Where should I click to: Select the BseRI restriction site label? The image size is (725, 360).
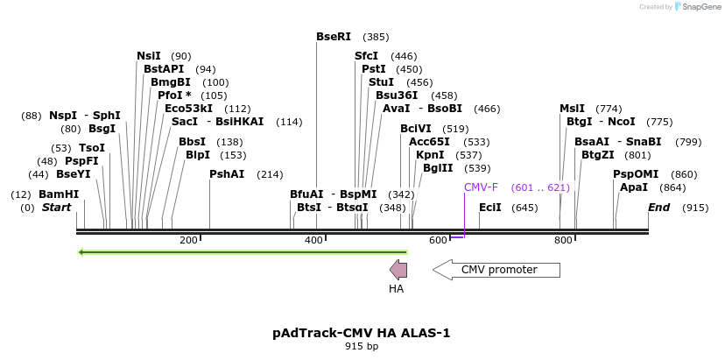(x=334, y=37)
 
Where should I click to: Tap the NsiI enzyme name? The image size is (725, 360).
(x=149, y=56)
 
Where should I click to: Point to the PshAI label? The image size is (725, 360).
(x=227, y=174)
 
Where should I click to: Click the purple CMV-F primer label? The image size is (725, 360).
(x=482, y=187)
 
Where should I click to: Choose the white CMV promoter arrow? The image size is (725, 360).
(x=496, y=269)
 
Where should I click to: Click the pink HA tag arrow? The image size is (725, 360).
(x=398, y=269)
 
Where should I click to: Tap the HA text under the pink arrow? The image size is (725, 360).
(x=397, y=289)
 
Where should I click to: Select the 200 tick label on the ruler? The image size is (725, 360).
(x=188, y=240)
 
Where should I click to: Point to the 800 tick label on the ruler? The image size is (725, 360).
(x=563, y=240)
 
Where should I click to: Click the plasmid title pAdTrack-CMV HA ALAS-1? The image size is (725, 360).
(x=361, y=333)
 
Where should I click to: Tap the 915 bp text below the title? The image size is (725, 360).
(x=362, y=346)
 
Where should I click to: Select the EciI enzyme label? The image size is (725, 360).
(x=490, y=208)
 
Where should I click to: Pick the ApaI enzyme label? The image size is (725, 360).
(x=634, y=187)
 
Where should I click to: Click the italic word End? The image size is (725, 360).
(x=658, y=208)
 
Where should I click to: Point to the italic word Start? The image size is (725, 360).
(x=56, y=208)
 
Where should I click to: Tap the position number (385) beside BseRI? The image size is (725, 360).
(x=376, y=37)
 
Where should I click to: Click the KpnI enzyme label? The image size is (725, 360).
(x=430, y=155)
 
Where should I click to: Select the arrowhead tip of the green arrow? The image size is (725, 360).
(x=78, y=252)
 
